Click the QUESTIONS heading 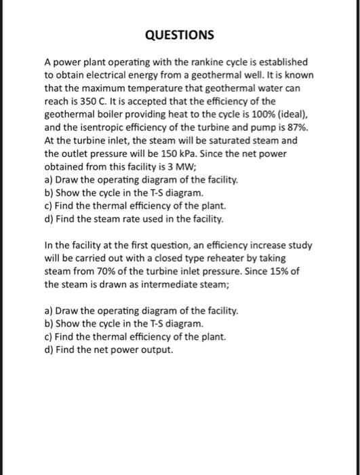[180, 35]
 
